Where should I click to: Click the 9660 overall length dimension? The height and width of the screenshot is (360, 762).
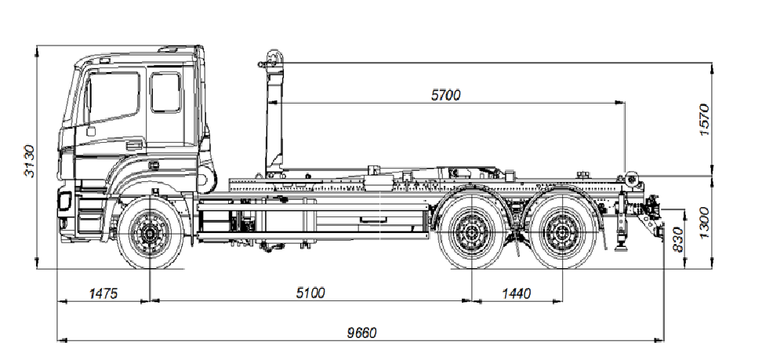362,333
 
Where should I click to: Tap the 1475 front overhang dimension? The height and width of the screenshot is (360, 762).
103,293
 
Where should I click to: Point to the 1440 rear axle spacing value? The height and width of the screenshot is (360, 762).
516,293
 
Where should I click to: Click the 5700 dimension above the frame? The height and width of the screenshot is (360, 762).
446,95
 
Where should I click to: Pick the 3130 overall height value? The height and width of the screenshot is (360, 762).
30,161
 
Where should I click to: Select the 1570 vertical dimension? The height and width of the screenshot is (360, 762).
703,120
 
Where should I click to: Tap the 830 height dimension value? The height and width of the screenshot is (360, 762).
679,239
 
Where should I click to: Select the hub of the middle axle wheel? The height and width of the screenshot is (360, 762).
471,233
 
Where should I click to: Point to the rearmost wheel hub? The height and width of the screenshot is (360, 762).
561,233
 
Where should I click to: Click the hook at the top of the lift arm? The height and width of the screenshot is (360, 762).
272,59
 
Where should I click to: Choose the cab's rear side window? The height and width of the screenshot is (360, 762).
165,92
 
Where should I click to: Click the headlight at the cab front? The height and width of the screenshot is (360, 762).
64,202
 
